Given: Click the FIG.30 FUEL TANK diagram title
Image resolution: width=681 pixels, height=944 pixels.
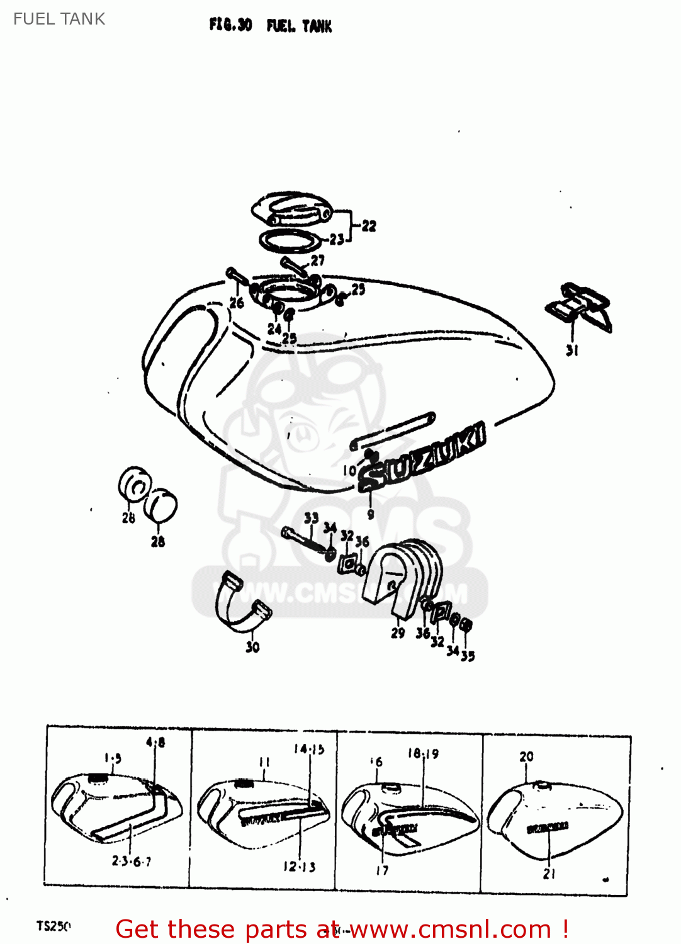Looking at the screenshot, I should pos(270,26).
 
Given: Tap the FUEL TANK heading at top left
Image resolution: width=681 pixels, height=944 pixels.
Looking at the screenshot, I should pos(59,19).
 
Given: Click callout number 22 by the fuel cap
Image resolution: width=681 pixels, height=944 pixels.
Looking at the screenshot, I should pos(369,226).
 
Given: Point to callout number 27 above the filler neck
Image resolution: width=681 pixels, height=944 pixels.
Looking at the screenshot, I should pos(318,260).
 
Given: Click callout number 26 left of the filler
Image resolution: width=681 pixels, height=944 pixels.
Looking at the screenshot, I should pos(237,303).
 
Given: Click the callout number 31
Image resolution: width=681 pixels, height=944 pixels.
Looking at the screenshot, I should pos(572,351).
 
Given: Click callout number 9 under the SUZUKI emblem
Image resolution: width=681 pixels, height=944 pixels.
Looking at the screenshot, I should pos(371,514).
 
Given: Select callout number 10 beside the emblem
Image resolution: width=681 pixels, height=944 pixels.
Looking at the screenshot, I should pos(349,470).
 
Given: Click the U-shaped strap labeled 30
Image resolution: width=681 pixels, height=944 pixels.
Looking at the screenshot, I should pos(242,604).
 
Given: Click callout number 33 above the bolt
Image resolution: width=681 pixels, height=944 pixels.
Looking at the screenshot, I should pos(311,519).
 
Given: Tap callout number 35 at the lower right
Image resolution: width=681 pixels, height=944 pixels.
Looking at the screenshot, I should pos(468,656).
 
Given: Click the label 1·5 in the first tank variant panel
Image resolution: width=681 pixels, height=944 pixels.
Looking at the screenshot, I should pos(113,758).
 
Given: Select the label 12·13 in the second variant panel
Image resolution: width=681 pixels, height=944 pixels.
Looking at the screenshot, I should pos(299,867).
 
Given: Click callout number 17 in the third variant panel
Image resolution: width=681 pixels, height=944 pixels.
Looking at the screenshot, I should pos(382,870).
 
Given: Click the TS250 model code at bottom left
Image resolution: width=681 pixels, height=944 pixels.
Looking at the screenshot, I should pos(53,926).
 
